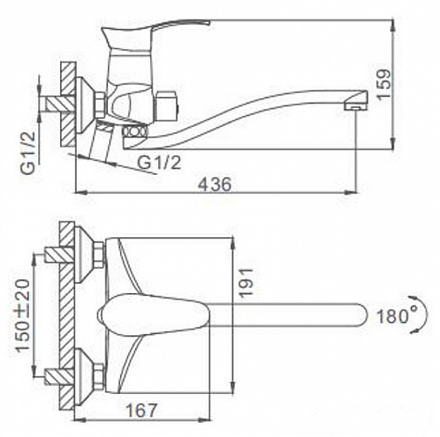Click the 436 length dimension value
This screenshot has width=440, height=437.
click(215, 185)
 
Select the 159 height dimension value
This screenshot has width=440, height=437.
click(383, 83)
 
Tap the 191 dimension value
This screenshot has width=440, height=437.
click(246, 282)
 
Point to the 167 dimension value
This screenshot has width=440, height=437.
click(142, 410)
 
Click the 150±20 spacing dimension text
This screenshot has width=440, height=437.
click(23, 316)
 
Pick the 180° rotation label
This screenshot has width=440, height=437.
click(397, 316)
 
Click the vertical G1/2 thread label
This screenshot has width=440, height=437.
click(28, 153)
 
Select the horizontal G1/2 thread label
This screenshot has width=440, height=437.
click(159, 162)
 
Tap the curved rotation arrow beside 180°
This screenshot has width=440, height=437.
click(419, 315)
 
